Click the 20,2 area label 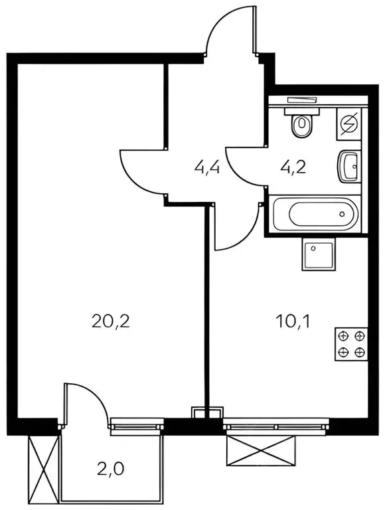pos(111,321)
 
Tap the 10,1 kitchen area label pos(293,321)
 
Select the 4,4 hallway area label pos(207,168)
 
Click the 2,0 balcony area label pos(111,469)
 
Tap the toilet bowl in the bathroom pos(302,126)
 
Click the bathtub pos(315,214)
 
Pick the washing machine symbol pos(349,124)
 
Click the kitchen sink pos(319,254)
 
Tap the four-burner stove pos(351,345)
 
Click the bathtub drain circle pos(342,214)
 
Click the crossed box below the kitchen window pos(261,451)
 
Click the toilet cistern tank pos(302,112)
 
